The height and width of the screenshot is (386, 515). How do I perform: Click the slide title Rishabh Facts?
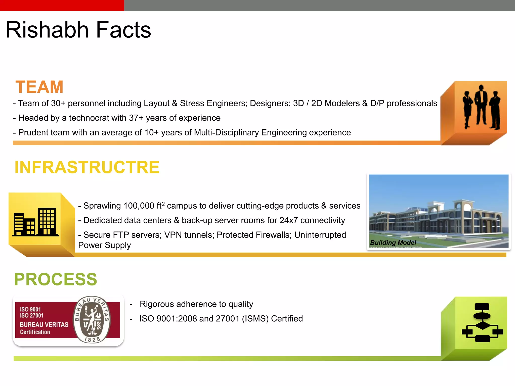pos(78,30)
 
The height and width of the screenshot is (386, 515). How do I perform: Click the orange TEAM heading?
pos(39,87)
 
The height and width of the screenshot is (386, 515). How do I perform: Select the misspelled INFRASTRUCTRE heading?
pos(87,167)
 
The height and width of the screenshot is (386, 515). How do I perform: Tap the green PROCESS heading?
pos(56,279)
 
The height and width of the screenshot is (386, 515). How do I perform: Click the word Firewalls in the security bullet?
pos(274,235)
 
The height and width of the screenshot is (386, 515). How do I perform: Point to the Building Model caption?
pos(393,243)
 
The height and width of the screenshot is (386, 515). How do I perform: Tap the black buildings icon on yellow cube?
pos(36,222)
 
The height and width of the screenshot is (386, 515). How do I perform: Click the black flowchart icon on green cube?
pos(482,323)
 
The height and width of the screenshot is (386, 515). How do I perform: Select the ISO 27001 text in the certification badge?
pos(32,315)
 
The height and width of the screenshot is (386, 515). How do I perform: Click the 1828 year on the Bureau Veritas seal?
pos(92,340)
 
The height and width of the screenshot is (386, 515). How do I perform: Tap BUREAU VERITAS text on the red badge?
pos(44,325)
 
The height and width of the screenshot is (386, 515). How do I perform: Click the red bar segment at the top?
pos(62,5)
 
